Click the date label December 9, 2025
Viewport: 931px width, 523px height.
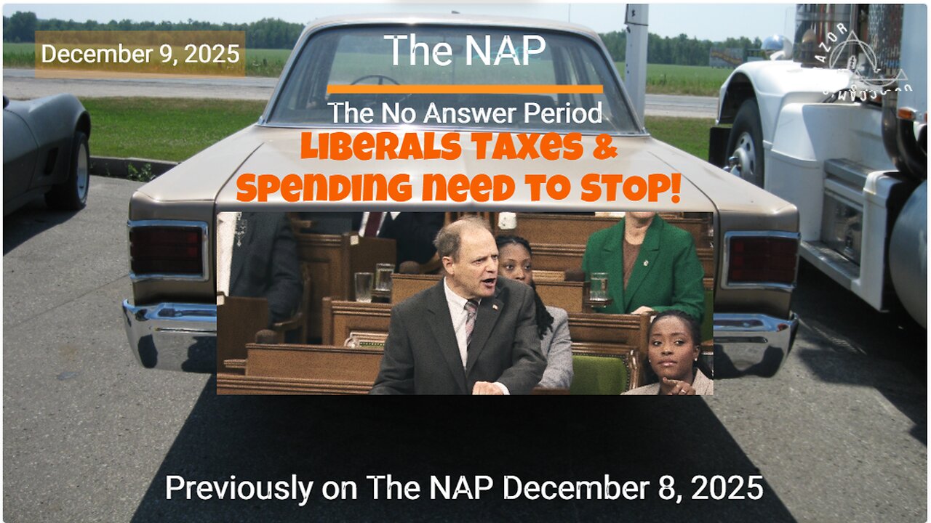click(140, 54)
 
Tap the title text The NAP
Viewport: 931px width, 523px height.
click(465, 49)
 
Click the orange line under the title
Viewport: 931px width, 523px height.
click(465, 89)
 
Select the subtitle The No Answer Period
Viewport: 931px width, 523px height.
click(465, 113)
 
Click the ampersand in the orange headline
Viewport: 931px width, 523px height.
click(608, 148)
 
